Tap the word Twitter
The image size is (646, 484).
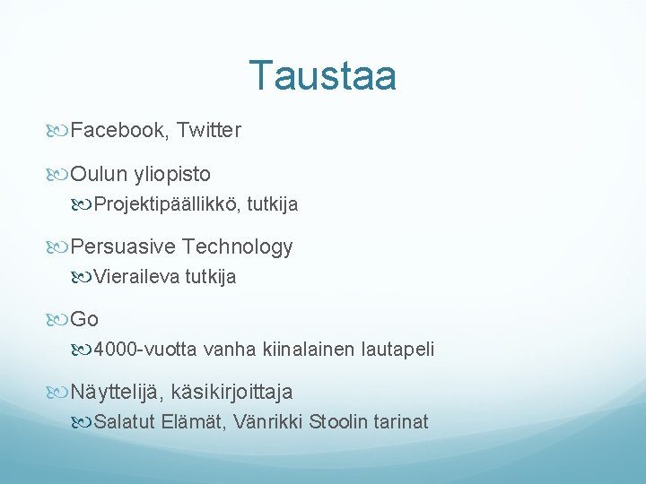click(x=209, y=131)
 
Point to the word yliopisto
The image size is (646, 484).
click(x=172, y=173)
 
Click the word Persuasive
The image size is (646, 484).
click(x=124, y=246)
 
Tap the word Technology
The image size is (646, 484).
click(x=238, y=246)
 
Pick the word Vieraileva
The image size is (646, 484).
click(x=136, y=277)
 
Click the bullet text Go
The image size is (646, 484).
click(x=84, y=319)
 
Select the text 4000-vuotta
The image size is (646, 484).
click(x=146, y=350)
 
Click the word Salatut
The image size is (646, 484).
click(x=126, y=422)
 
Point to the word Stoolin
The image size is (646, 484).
click(x=338, y=422)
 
